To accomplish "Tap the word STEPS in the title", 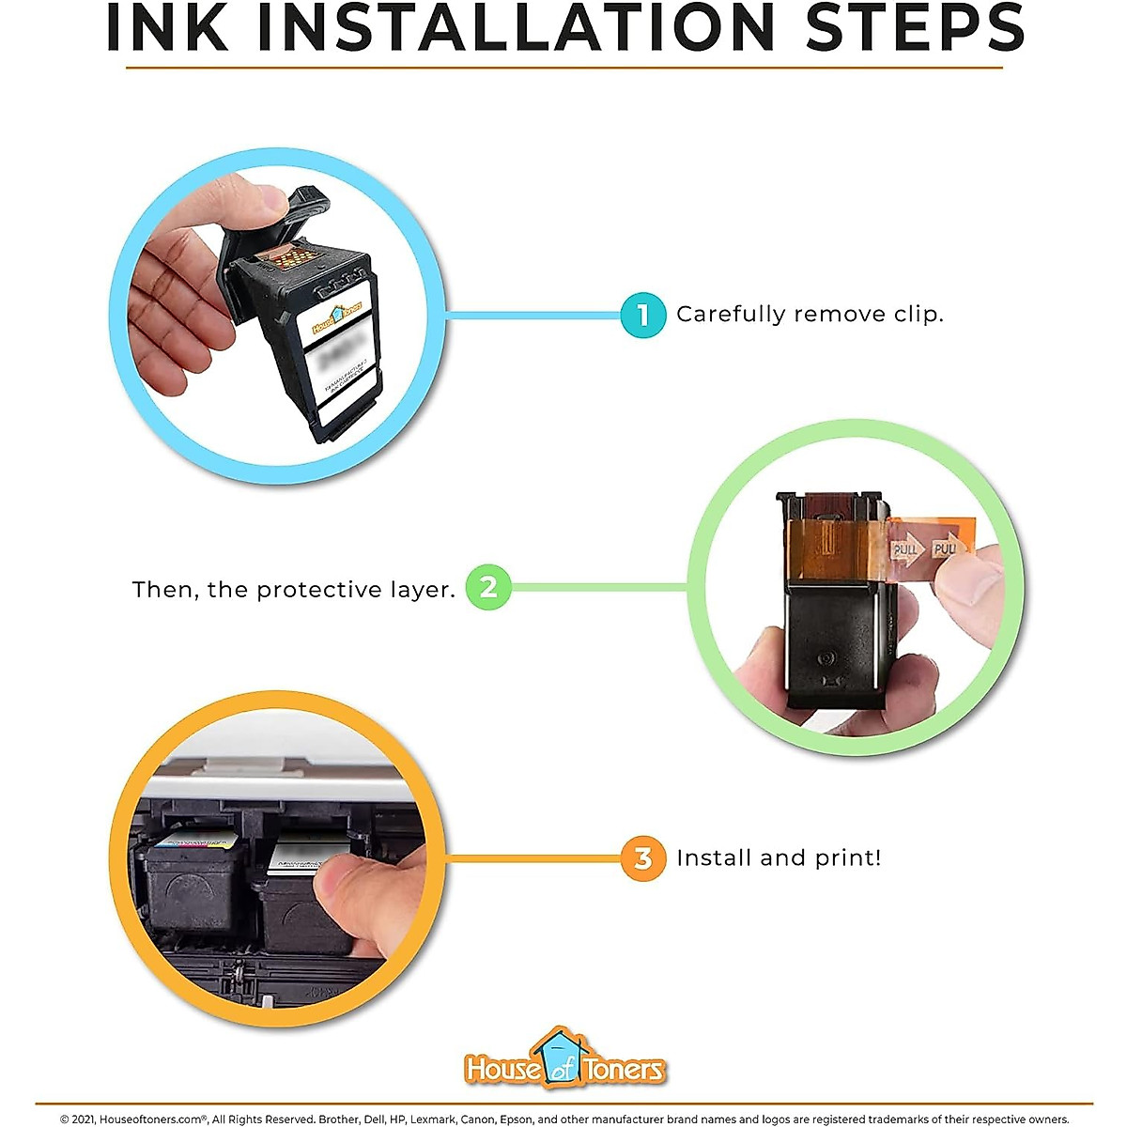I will point(914,28).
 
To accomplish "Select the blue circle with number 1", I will point(643,315).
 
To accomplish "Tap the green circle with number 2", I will point(488,588).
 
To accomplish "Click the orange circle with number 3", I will point(643,857).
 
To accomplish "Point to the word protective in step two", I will point(319,590).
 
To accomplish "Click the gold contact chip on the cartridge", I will point(294,255).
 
